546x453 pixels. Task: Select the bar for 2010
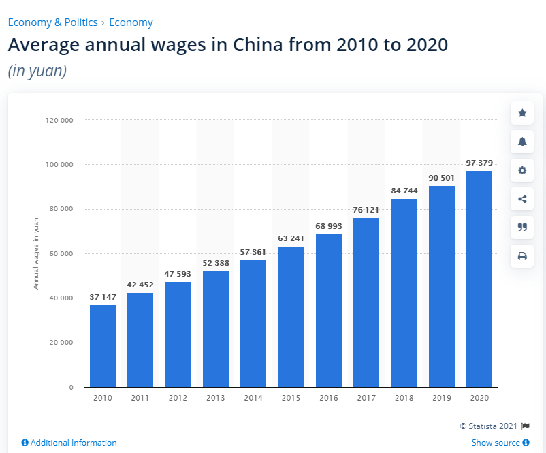(x=103, y=346)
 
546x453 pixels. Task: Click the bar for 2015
(x=291, y=317)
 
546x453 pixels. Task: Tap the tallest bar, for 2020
(x=479, y=279)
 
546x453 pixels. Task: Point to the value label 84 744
(x=404, y=191)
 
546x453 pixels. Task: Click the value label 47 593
(x=178, y=274)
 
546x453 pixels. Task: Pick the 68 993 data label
(x=329, y=225)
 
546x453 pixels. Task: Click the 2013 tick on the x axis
(x=215, y=397)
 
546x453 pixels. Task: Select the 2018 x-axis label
(x=404, y=397)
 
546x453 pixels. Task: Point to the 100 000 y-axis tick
(x=61, y=165)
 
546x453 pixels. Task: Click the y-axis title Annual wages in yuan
(x=36, y=253)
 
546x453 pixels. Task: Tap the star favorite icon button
(x=522, y=113)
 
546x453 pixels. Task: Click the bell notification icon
(x=522, y=142)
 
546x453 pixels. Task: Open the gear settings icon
(x=522, y=170)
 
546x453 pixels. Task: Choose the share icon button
(x=522, y=199)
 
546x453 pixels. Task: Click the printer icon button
(x=522, y=256)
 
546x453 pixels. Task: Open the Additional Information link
(x=69, y=443)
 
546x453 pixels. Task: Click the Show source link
(x=496, y=443)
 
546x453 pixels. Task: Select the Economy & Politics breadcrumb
(x=52, y=22)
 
